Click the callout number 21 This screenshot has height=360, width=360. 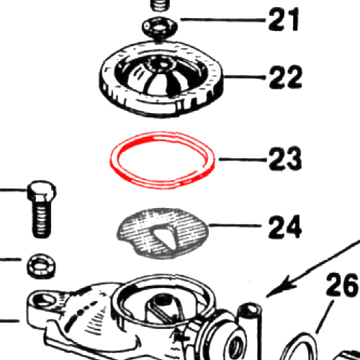(x=284, y=19)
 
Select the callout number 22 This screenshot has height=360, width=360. (x=285, y=77)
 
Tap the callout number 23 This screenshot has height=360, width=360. (x=285, y=158)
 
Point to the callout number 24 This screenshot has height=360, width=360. (x=285, y=226)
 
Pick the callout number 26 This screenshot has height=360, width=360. (x=343, y=284)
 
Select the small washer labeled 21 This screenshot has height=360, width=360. (x=160, y=27)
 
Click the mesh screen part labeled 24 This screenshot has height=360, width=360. (x=163, y=233)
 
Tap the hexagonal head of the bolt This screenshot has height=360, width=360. (x=41, y=191)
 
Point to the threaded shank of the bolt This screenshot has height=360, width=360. (x=41, y=219)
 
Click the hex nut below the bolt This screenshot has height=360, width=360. (x=41, y=266)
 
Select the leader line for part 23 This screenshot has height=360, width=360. (x=243, y=159)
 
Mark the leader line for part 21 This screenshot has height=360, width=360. (x=222, y=19)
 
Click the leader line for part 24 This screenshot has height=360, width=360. (x=235, y=225)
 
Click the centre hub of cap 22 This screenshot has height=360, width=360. (x=162, y=64)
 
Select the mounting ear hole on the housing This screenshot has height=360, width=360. (x=42, y=300)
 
